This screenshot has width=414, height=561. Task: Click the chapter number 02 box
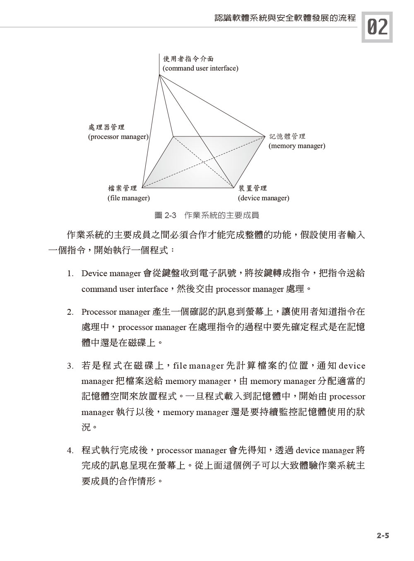377,27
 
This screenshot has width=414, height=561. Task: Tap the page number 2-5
383,536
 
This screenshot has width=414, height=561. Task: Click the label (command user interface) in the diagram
200,68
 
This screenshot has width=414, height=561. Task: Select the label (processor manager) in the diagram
118,136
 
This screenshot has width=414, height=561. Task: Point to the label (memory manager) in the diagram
297,146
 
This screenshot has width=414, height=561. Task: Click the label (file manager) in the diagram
128,198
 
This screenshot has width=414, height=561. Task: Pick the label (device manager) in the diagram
263,198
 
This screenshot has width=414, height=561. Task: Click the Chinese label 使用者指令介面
188,59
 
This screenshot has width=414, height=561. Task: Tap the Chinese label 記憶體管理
287,136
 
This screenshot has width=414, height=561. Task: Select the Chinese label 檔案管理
122,189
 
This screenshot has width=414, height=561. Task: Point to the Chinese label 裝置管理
253,189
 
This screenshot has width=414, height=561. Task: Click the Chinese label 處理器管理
106,127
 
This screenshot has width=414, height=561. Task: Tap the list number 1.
70,274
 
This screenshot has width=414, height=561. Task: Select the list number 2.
70,312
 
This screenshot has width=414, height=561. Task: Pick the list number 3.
70,366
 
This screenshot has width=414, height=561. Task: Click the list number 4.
70,451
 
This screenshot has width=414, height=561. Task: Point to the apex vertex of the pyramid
159,75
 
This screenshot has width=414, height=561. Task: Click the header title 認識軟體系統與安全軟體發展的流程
285,18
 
